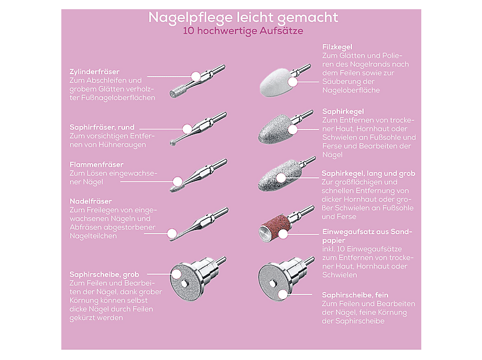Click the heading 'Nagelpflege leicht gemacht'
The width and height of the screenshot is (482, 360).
[x=243, y=18]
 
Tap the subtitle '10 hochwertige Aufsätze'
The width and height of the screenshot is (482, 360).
[x=243, y=31]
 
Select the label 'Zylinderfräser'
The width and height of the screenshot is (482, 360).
[x=94, y=72]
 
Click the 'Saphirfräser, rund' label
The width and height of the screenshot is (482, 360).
[x=102, y=128]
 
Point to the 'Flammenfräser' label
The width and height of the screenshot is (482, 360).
[x=96, y=164]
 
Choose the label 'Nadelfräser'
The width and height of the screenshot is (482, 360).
[x=91, y=201]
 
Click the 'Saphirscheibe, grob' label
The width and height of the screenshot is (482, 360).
[x=104, y=275]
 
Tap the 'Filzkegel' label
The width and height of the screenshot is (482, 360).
[x=337, y=47]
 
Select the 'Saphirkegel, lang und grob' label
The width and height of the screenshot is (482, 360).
[x=369, y=174]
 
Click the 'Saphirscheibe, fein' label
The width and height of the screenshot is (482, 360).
[x=355, y=295]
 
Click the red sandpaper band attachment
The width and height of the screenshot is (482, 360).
[x=273, y=228]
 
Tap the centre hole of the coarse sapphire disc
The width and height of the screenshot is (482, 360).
[x=184, y=283]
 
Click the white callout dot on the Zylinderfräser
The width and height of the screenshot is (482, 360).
[x=196, y=76]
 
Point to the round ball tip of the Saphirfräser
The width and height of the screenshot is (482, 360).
[x=173, y=143]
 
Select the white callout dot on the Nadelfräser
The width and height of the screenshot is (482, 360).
[x=172, y=233]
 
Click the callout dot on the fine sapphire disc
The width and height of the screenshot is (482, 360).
[x=282, y=294]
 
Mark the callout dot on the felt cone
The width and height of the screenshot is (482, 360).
[x=293, y=82]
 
